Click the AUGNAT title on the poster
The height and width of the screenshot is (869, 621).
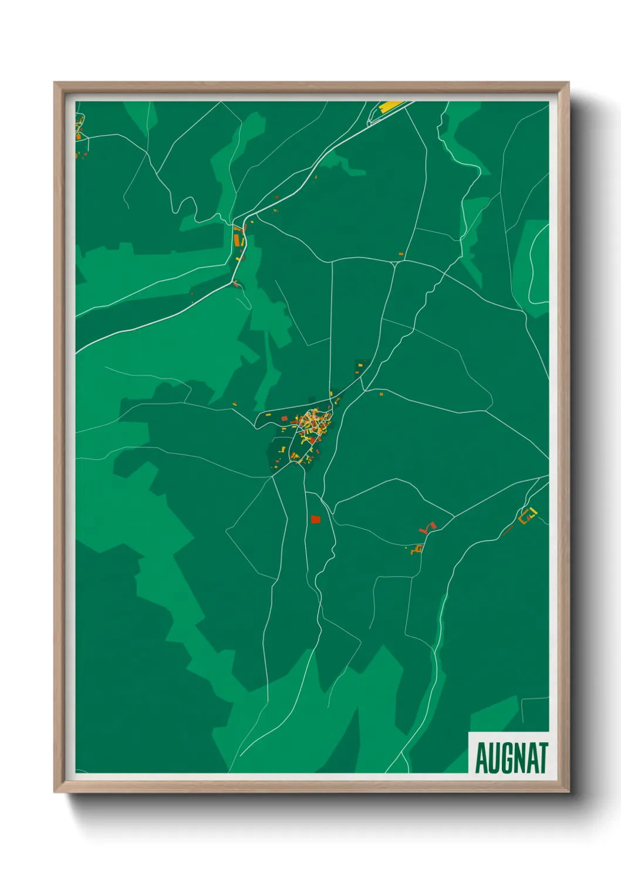point(511,758)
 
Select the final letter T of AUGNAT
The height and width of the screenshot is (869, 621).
point(542,758)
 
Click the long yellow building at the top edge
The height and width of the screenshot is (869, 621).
point(391,106)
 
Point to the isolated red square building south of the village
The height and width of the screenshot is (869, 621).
point(316,519)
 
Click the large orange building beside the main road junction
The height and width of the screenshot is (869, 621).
point(238,240)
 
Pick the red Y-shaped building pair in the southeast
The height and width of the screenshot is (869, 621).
point(428,527)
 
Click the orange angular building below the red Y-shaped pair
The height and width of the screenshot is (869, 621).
point(418,548)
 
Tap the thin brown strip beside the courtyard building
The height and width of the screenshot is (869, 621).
point(508,530)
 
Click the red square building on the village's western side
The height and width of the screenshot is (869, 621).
point(285,419)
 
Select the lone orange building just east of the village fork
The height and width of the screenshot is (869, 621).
point(381,394)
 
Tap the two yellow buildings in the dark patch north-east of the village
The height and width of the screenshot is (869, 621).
point(359,368)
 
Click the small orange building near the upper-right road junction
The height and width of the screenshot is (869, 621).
point(401,254)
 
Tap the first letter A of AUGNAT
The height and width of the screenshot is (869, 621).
point(481,758)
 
